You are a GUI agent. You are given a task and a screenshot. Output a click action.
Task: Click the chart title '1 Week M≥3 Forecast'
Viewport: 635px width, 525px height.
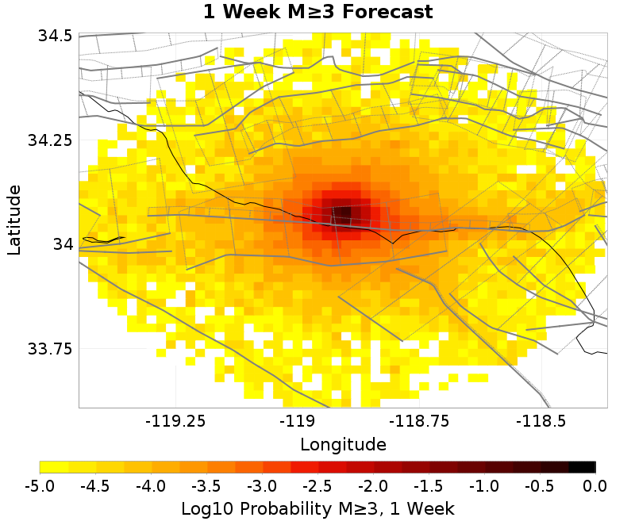[317, 12]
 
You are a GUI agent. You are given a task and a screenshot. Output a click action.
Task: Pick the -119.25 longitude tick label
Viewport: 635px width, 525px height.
[175, 421]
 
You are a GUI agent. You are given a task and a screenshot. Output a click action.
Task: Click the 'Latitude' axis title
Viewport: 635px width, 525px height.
[14, 220]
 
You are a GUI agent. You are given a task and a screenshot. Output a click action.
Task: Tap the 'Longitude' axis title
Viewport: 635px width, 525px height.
[343, 443]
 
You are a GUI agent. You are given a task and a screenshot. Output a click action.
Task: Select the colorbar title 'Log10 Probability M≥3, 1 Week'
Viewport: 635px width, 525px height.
[317, 507]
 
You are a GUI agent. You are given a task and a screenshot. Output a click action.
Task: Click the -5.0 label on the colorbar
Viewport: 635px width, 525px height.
[39, 485]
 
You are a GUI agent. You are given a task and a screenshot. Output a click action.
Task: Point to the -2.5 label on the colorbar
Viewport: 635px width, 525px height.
[317, 485]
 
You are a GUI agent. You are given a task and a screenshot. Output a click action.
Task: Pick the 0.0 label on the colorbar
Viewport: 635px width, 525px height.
[596, 485]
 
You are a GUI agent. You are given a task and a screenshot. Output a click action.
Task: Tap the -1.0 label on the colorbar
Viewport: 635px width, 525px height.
[485, 485]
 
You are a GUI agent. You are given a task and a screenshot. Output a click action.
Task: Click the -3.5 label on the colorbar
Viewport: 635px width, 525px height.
[206, 485]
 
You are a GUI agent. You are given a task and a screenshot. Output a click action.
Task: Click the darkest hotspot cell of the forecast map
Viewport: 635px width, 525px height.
[344, 214]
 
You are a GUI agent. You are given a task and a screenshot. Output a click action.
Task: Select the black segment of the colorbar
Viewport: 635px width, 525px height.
[582, 467]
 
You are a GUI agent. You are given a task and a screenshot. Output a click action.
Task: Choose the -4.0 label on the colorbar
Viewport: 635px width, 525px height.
[151, 485]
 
